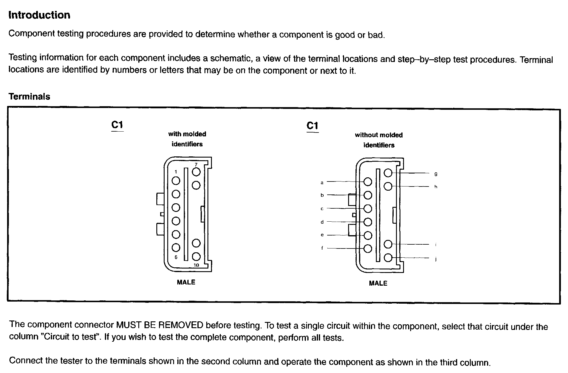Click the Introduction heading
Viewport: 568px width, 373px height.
pos(39,15)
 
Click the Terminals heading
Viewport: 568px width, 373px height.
pos(29,96)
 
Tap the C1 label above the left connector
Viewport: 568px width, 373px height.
pos(117,125)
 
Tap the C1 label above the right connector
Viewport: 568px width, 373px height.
pos(312,126)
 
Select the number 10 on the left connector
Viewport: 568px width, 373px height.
pos(196,265)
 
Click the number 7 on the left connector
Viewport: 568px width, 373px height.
pos(196,164)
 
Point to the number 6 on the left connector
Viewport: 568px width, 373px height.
pos(176,257)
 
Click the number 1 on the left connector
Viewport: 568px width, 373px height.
pos(176,172)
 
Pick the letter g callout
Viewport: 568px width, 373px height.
pos(436,174)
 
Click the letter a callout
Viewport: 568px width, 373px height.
pos(322,183)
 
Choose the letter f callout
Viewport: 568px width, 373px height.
pos(322,248)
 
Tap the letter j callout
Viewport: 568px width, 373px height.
pos(436,259)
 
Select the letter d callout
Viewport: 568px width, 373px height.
pos(322,222)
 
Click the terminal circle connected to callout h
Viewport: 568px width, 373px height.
pos(388,186)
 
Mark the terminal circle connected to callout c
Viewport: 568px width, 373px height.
pos(368,209)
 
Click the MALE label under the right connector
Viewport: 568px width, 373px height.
pos(378,283)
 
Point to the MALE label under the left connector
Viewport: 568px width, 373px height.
pos(186,282)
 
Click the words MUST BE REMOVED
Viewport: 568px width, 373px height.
pos(160,325)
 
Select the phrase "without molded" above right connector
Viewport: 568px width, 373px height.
pos(379,135)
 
